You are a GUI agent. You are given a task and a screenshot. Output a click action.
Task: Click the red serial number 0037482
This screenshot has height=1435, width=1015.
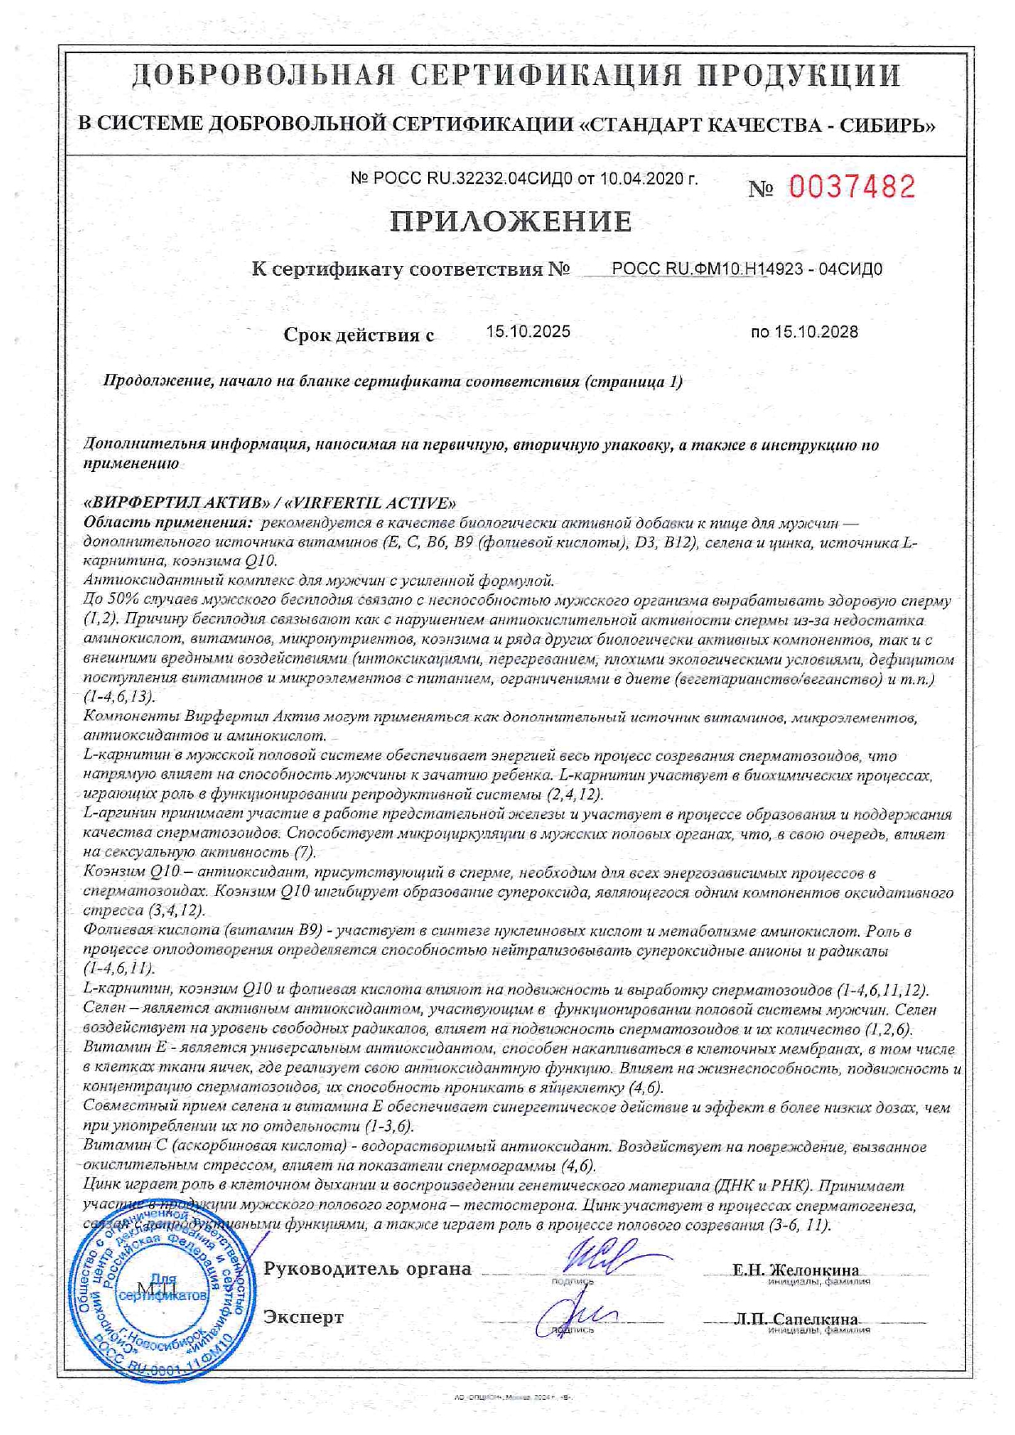(852, 187)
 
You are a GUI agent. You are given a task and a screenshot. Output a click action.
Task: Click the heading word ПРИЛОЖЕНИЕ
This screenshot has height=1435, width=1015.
(510, 222)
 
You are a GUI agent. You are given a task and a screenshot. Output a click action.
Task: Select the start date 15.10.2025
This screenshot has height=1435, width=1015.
(528, 332)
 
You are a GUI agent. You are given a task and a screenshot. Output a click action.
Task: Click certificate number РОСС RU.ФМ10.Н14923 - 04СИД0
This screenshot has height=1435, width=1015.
(747, 269)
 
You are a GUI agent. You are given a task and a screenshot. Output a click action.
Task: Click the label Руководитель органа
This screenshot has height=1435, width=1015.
(367, 1269)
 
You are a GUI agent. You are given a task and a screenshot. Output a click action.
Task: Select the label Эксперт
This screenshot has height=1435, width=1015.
(303, 1317)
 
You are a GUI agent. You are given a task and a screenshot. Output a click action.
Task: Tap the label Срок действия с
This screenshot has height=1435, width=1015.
(359, 335)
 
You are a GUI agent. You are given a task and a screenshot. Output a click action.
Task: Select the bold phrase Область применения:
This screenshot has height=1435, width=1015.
(168, 522)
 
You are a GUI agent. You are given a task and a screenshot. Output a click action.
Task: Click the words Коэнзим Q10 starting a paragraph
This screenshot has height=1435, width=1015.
(137, 873)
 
